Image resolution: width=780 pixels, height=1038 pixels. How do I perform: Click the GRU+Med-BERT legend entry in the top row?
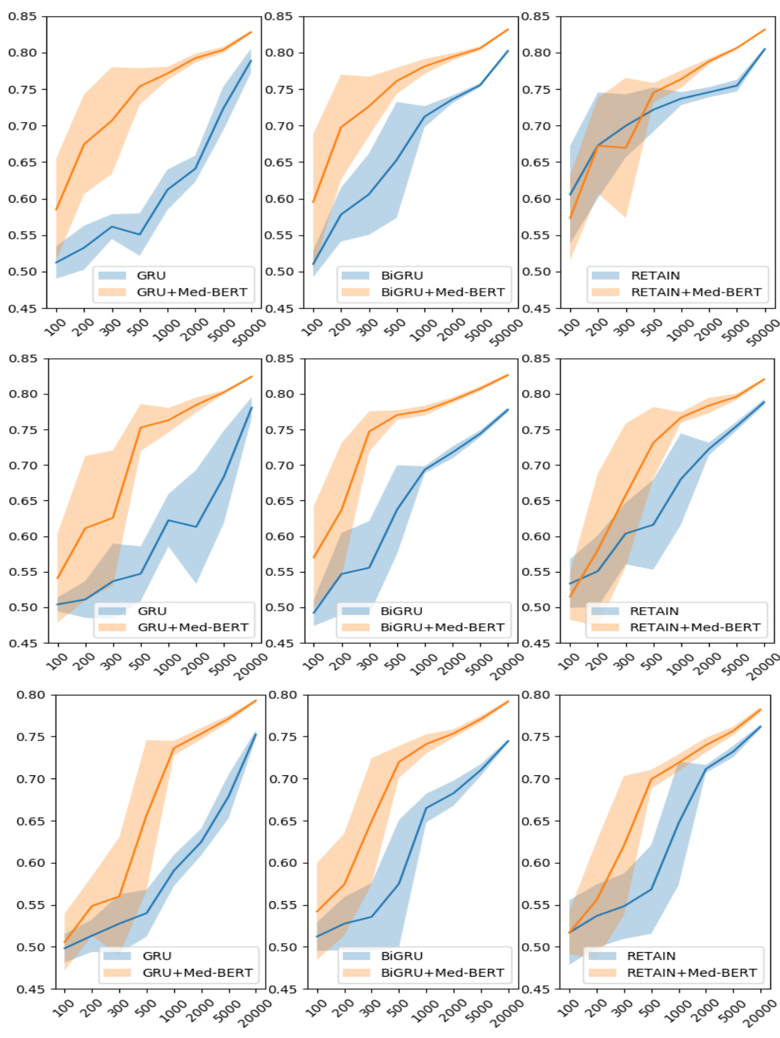click(x=192, y=292)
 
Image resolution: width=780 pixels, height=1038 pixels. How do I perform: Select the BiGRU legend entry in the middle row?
click(x=401, y=611)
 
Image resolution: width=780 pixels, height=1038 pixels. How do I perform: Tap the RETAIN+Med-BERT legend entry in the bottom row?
click(x=692, y=973)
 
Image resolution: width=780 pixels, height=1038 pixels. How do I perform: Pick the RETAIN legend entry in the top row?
click(x=655, y=276)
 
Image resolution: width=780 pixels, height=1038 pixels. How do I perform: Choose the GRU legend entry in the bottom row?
click(x=157, y=956)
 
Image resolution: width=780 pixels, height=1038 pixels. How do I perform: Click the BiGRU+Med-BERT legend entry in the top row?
click(x=443, y=292)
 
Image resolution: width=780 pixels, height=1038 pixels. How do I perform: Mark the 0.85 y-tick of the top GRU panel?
click(x=22, y=16)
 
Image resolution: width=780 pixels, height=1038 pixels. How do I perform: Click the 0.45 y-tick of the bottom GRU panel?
click(x=30, y=990)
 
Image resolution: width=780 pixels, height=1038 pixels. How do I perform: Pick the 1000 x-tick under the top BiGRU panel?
click(x=423, y=330)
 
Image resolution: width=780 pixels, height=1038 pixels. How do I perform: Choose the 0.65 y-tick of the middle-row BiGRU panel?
click(x=279, y=501)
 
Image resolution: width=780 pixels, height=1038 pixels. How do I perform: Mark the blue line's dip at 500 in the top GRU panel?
click(x=139, y=234)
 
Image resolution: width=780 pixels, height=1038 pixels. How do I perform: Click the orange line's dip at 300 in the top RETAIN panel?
click(x=626, y=148)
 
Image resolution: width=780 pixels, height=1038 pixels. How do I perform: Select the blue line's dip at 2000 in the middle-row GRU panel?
click(x=196, y=527)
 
